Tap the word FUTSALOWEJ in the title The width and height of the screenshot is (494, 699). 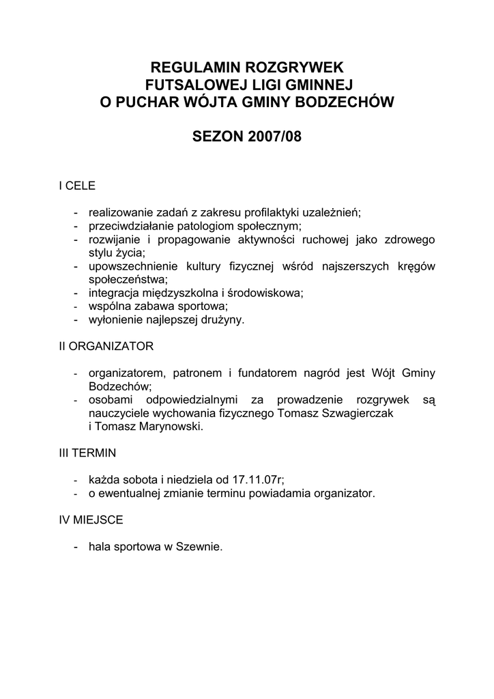click(189, 85)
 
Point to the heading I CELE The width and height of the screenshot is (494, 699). click(77, 186)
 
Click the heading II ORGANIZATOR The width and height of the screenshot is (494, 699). click(106, 346)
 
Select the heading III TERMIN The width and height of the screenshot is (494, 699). click(87, 453)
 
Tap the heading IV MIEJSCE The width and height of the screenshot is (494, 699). click(91, 519)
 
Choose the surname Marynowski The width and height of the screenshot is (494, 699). click(167, 427)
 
